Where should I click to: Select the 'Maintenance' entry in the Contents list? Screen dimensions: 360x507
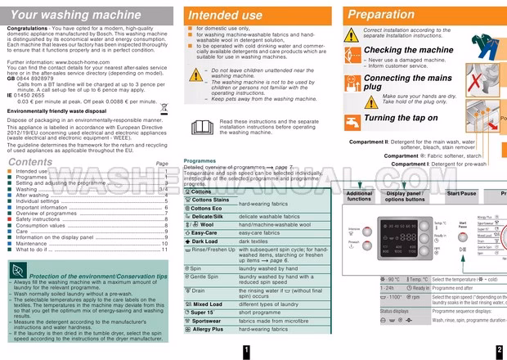pyautogui.click(x=31, y=243)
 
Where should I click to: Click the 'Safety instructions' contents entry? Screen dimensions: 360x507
pyautogui.click(x=38, y=218)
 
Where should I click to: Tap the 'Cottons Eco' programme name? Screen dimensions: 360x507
pyautogui.click(x=206, y=209)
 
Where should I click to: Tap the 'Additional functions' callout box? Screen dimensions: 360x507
pyautogui.click(x=359, y=196)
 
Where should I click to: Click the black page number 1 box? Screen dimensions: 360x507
pyautogui.click(x=245, y=351)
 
